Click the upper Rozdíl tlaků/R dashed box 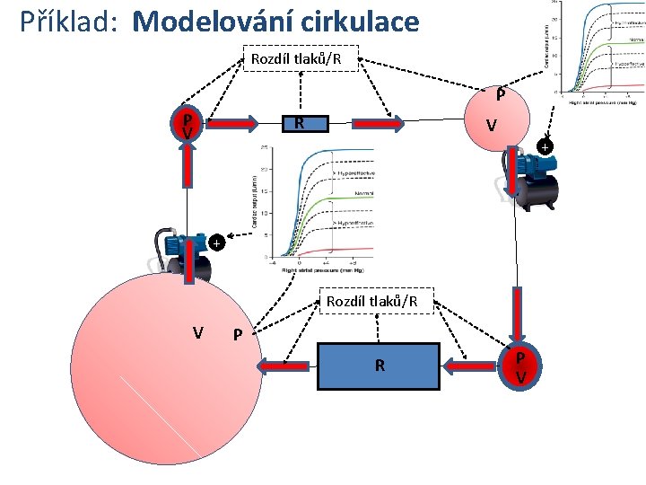(301, 59)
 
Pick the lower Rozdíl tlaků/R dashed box (377, 301)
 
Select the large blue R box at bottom (379, 365)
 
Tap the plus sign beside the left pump (215, 242)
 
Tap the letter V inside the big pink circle (196, 333)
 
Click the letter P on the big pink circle (237, 335)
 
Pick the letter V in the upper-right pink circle (491, 126)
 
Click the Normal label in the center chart (364, 192)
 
